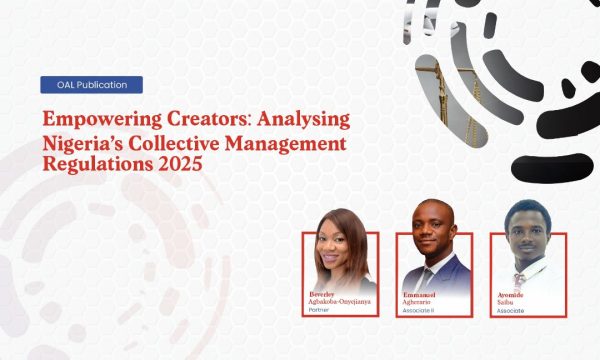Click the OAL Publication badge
pyautogui.click(x=91, y=85)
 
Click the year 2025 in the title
pyautogui.click(x=178, y=165)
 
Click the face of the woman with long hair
pyautogui.click(x=337, y=245)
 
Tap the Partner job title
pyautogui.click(x=316, y=311)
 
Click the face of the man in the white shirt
pyautogui.click(x=523, y=231)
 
